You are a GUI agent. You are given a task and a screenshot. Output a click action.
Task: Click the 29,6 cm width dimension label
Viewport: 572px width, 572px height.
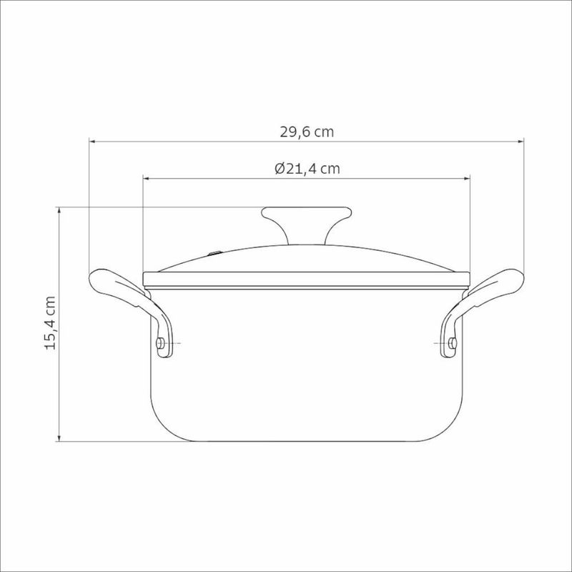(x=307, y=132)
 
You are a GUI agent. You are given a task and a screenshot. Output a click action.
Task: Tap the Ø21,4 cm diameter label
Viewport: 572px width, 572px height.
(x=307, y=169)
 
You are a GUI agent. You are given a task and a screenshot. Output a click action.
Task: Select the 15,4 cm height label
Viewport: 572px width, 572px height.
(x=50, y=323)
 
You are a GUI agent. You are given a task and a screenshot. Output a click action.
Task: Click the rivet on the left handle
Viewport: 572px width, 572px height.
(x=159, y=343)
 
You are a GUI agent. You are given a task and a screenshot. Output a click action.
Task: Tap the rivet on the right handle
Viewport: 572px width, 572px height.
(x=453, y=343)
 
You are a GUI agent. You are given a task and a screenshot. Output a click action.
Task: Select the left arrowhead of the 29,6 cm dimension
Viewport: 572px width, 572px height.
(x=93, y=142)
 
